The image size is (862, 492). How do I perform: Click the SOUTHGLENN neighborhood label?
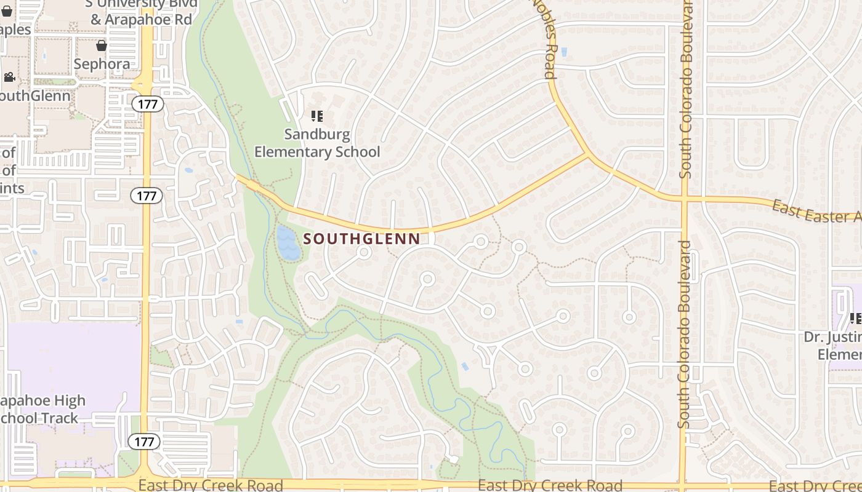pyautogui.click(x=362, y=239)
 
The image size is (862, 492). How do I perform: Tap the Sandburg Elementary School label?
pyautogui.click(x=317, y=143)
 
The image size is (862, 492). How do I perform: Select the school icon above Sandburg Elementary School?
pyautogui.click(x=317, y=116)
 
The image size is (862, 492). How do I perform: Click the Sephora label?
pyautogui.click(x=102, y=64)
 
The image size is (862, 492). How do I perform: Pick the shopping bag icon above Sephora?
pyautogui.click(x=102, y=46)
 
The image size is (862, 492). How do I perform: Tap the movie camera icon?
pyautogui.click(x=9, y=77)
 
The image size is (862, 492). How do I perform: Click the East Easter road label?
pyautogui.click(x=816, y=212)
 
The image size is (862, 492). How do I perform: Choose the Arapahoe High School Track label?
pyautogui.click(x=40, y=410)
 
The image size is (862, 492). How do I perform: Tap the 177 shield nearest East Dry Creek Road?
pyautogui.click(x=145, y=441)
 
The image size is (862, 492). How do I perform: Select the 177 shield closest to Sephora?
pyautogui.click(x=148, y=104)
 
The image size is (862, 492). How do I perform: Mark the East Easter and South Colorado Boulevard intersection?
pyautogui.click(x=684, y=199)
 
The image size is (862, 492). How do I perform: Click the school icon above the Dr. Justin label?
pyautogui.click(x=855, y=318)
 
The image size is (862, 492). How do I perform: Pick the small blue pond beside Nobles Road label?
pyautogui.click(x=565, y=52)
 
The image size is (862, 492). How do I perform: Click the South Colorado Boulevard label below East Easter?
pyautogui.click(x=685, y=335)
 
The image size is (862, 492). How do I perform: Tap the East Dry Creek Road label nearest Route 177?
pyautogui.click(x=211, y=485)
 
